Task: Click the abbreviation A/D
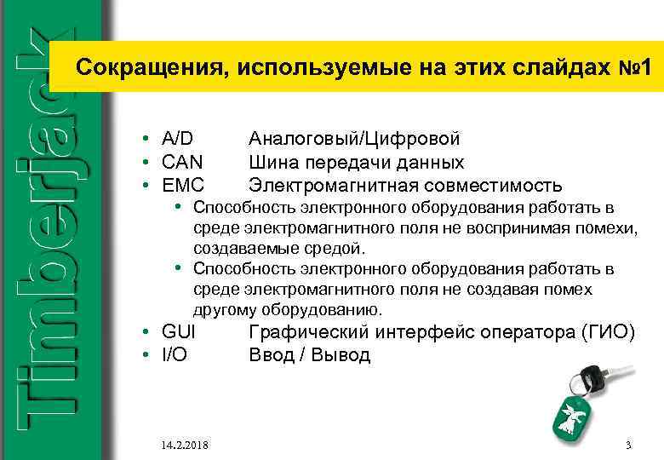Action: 176,138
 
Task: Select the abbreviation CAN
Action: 181,162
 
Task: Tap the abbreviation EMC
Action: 181,185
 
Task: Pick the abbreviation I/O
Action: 174,354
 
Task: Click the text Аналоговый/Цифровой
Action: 354,138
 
